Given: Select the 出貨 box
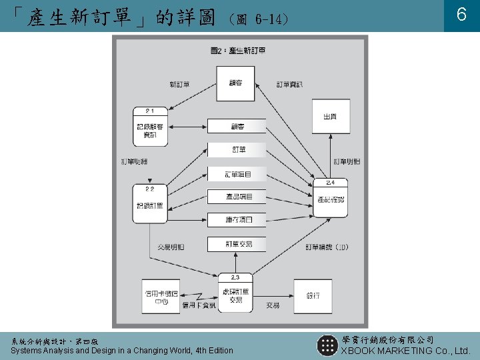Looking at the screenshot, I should click(x=331, y=117).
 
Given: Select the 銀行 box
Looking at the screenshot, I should click(x=313, y=296).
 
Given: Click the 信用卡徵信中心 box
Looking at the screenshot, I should click(x=161, y=296).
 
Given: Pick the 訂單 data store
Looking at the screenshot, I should click(x=238, y=149).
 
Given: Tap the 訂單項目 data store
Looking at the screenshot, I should click(x=238, y=174).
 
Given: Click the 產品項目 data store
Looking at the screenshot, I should click(x=238, y=197).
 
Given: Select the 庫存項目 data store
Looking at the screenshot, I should click(x=238, y=219).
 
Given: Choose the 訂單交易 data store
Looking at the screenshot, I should click(x=238, y=244).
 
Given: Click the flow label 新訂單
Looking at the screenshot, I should click(x=179, y=85).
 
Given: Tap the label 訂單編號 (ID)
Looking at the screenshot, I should click(x=327, y=247).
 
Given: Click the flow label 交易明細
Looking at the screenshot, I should click(x=171, y=247).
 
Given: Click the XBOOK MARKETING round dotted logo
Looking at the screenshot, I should click(x=327, y=345).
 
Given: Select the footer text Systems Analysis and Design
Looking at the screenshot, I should click(x=122, y=351).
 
